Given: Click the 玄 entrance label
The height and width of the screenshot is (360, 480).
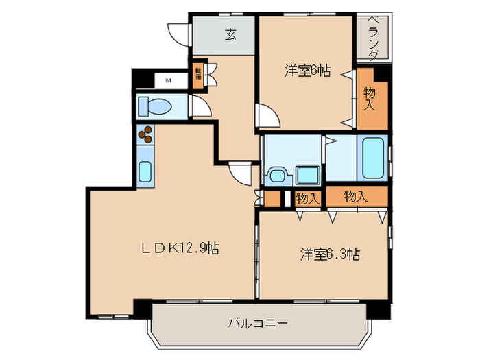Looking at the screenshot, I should click(x=231, y=35).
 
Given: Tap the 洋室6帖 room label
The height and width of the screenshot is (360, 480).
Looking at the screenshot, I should click(x=308, y=70).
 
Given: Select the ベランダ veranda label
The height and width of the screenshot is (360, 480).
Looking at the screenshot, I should click(x=373, y=39).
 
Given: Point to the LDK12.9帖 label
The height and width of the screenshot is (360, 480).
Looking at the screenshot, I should click(x=181, y=248).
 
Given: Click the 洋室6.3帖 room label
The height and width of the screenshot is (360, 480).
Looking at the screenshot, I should click(x=330, y=254).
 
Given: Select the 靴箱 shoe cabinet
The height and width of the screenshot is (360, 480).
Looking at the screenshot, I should click(x=198, y=73).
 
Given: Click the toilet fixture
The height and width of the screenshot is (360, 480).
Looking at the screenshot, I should click(x=156, y=107).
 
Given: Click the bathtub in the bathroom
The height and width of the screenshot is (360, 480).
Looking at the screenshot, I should click(x=374, y=157).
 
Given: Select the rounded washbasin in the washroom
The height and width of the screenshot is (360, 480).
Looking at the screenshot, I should click(x=277, y=176).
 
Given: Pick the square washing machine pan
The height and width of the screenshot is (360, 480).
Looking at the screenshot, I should click(x=305, y=176).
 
